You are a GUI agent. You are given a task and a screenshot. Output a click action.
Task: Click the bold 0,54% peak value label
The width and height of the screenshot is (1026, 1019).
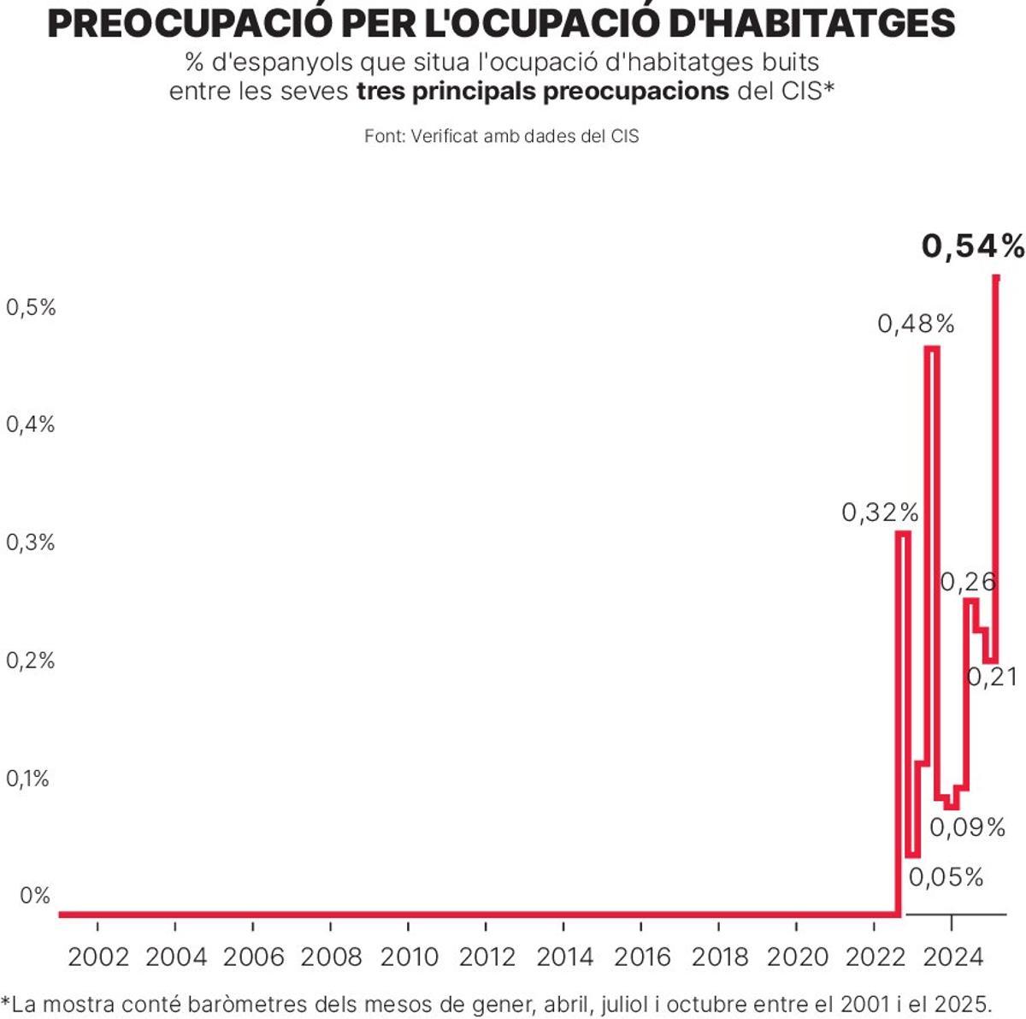(x=972, y=246)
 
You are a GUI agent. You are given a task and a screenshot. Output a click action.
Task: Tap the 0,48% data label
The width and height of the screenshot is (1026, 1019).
(x=916, y=323)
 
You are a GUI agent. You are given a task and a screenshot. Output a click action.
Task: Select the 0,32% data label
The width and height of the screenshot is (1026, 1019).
(x=880, y=512)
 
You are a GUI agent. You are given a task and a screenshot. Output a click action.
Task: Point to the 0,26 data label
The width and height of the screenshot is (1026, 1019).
(x=968, y=582)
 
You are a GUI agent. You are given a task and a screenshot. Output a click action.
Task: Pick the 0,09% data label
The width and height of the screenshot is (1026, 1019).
(x=967, y=827)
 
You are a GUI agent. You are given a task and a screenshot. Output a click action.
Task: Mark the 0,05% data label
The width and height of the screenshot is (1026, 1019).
(x=946, y=877)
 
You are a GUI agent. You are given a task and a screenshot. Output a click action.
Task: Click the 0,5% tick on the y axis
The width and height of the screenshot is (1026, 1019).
(x=31, y=307)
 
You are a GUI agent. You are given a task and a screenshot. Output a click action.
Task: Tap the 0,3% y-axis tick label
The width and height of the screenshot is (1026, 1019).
(x=31, y=542)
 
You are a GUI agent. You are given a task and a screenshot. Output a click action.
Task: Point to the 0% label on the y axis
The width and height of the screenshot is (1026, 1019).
(x=35, y=896)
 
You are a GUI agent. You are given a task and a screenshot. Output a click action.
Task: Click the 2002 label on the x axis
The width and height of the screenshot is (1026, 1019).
(x=97, y=957)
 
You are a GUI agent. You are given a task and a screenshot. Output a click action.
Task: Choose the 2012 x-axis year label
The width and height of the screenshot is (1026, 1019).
(x=486, y=957)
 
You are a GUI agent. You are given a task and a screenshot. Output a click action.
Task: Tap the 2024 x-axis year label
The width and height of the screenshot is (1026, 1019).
(x=952, y=957)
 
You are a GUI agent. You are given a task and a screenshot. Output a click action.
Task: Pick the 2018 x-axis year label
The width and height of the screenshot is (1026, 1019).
(x=719, y=957)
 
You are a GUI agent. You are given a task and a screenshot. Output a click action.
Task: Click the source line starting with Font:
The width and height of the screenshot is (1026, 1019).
(x=501, y=136)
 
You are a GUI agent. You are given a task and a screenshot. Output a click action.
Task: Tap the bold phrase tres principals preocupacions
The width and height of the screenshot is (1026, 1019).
(x=542, y=92)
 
